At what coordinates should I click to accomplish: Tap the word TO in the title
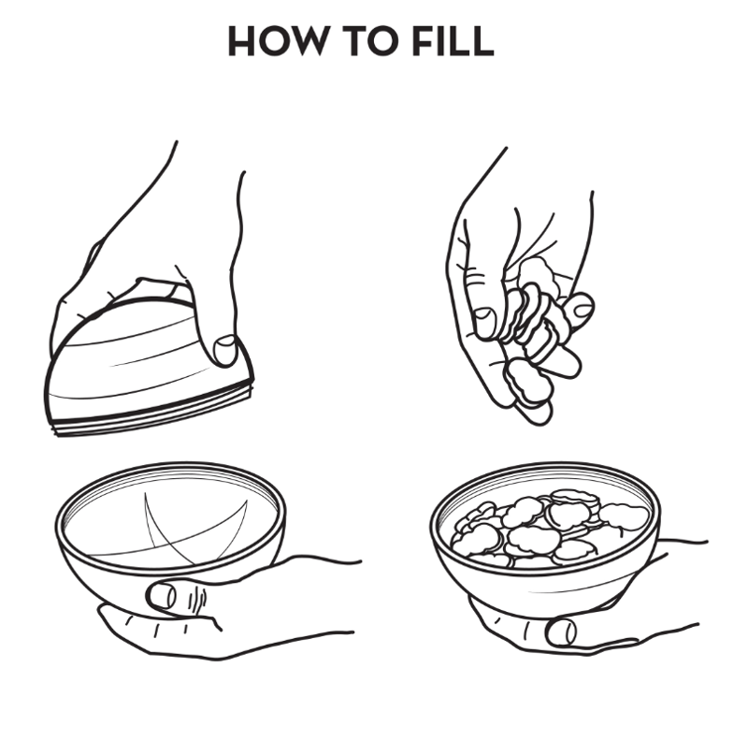tap(370, 41)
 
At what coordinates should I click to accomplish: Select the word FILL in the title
tap(453, 41)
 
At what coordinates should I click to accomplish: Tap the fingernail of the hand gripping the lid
tap(225, 350)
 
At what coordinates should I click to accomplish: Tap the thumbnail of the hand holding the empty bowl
tap(161, 596)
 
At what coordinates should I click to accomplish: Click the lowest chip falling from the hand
tap(528, 383)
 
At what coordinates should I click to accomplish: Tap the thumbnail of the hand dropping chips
tap(484, 322)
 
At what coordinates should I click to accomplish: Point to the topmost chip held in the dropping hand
tap(539, 274)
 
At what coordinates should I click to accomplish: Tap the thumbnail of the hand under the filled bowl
tap(561, 632)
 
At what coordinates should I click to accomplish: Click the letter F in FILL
tap(424, 41)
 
